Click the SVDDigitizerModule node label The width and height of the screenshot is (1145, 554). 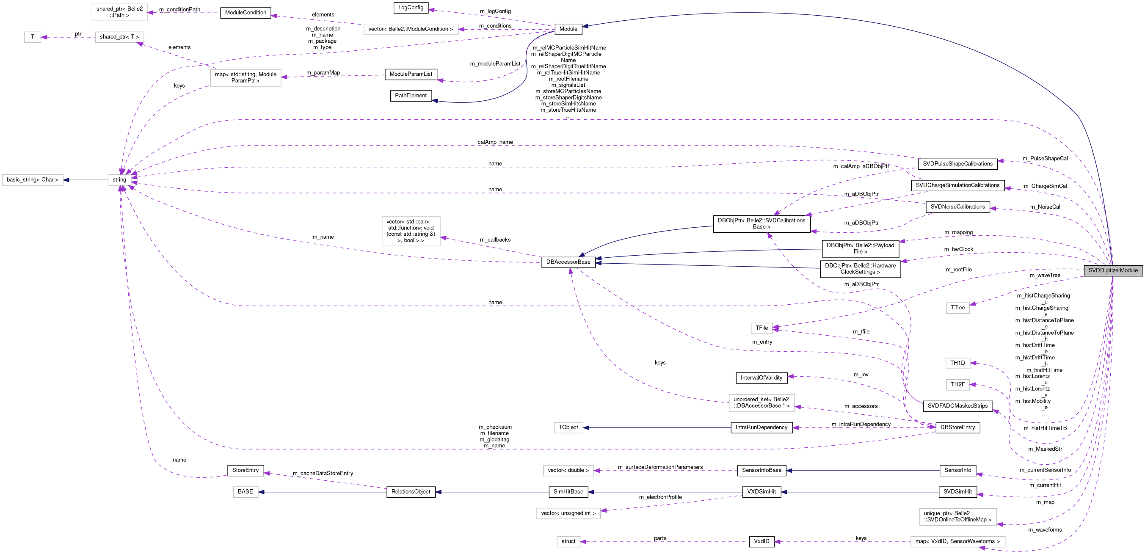tap(1112, 270)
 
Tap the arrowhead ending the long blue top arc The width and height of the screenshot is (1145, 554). tap(585, 26)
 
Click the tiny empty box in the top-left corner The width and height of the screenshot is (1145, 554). tap(33, 37)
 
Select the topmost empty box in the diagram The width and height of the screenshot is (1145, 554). tap(119, 12)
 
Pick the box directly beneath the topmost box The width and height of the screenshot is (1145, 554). tap(119, 37)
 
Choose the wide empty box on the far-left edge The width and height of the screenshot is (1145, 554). tap(33, 180)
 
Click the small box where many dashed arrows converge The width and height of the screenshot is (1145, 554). tap(119, 180)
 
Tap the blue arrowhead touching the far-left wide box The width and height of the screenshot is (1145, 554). tap(66, 180)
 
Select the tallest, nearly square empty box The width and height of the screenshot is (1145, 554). tap(411, 231)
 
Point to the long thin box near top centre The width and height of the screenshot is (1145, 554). tap(411, 29)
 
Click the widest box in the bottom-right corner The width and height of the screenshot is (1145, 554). tap(958, 542)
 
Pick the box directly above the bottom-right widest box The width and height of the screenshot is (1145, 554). tap(958, 517)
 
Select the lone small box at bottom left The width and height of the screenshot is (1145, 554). tap(246, 492)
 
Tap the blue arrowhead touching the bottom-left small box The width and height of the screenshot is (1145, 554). tap(261, 492)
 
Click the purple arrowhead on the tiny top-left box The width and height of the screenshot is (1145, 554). tap(44, 37)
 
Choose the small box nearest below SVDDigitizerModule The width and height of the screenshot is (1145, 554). tap(958, 308)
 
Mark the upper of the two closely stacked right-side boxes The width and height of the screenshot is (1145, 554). tap(958, 363)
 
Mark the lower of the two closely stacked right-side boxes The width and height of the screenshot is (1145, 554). tap(958, 385)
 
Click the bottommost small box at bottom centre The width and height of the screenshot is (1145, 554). tap(568, 542)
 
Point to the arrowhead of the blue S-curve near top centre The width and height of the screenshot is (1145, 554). tap(435, 101)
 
